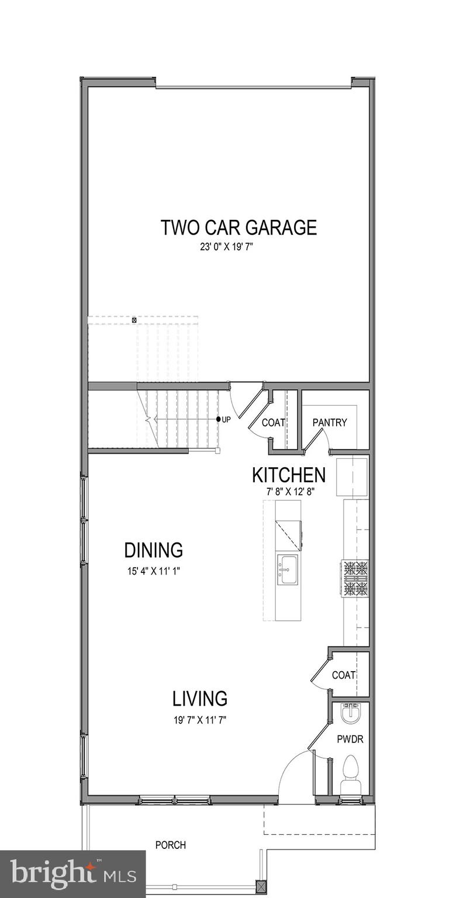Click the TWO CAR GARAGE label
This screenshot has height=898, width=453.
238,227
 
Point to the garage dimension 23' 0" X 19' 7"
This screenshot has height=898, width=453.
226,247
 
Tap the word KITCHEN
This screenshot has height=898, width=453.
288,475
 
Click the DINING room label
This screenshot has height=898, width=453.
153,550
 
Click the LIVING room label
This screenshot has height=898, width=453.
199,699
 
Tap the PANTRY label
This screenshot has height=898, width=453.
330,423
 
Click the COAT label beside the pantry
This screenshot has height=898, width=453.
273,423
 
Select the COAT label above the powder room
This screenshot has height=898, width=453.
344,675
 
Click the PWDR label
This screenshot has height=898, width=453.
350,740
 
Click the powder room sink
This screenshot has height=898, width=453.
351,712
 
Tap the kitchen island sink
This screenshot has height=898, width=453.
287,568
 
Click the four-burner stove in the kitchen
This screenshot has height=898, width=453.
355,578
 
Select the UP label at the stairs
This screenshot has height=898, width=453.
226,420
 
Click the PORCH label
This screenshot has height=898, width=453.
171,845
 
